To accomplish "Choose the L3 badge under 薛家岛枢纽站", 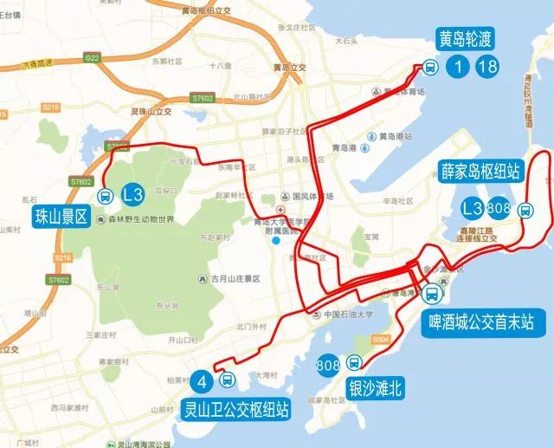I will click(x=472, y=208).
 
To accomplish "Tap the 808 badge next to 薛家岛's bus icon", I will click(x=499, y=208).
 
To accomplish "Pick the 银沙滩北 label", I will click(x=376, y=386).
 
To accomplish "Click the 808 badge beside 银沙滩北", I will click(x=328, y=363).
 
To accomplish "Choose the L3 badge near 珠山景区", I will click(x=133, y=194).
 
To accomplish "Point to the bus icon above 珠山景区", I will click(x=105, y=194).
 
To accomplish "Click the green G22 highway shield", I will click(x=91, y=57).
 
